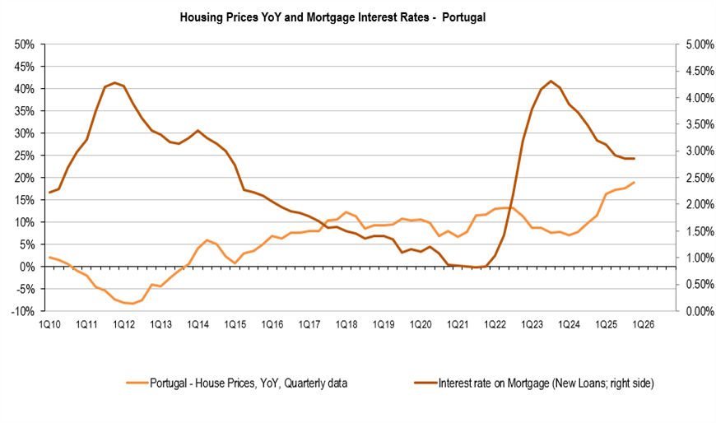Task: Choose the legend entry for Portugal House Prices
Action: coord(239,382)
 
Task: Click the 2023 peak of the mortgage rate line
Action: coord(551,81)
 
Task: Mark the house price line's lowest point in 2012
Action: coord(133,304)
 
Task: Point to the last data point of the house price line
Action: coord(634,182)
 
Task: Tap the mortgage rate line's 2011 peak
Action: coord(114,82)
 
